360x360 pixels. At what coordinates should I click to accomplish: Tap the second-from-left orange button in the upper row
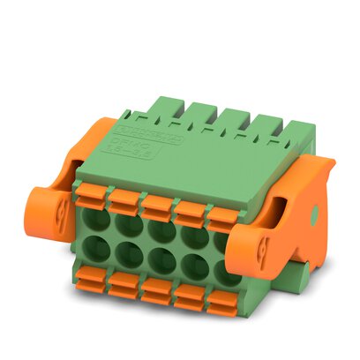point(125,200)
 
